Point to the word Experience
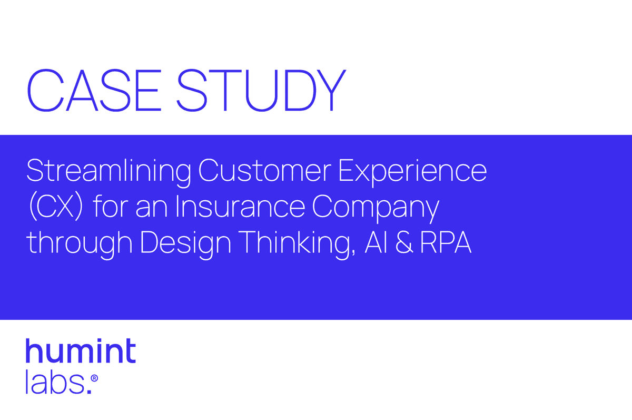tap(412, 171)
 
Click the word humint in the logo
tap(81, 351)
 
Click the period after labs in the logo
tap(88, 390)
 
